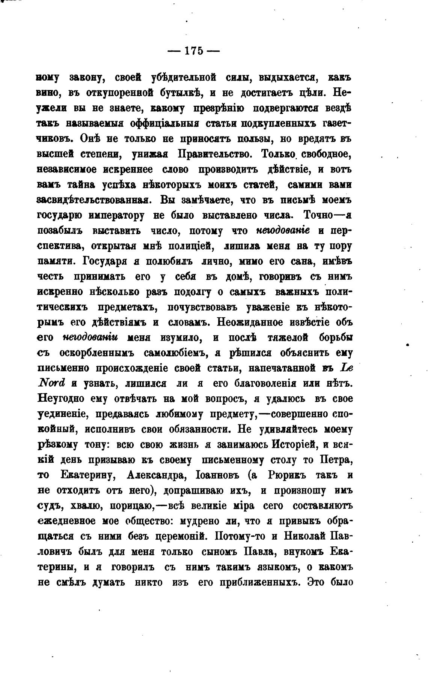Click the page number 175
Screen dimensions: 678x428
[193, 51]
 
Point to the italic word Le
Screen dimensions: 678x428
[345, 368]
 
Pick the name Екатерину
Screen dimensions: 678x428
[87, 475]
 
